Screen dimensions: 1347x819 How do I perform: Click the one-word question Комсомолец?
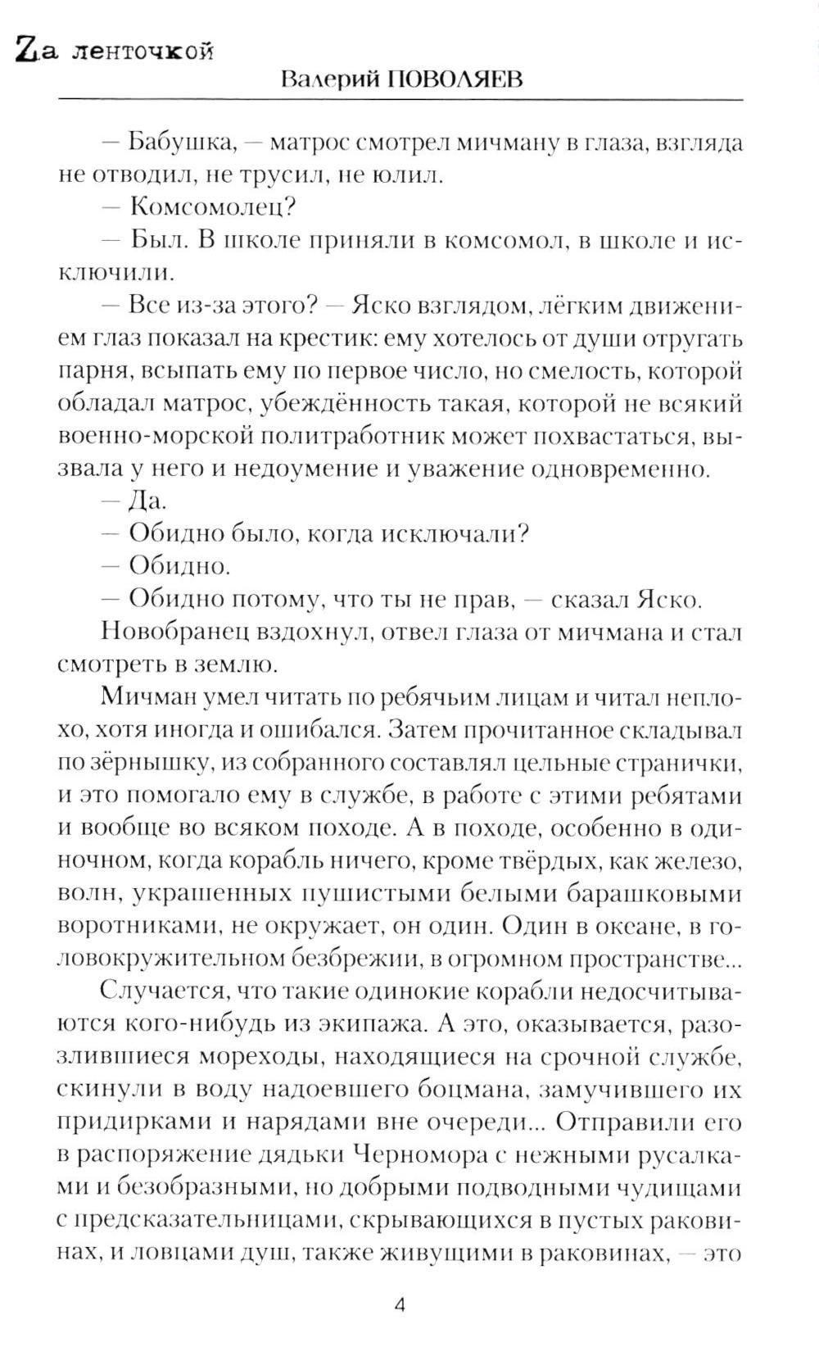coord(212,206)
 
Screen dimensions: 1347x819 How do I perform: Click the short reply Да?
coord(144,501)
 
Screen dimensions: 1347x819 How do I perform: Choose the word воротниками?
coord(138,926)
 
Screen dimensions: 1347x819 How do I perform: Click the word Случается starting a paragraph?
coord(163,991)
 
